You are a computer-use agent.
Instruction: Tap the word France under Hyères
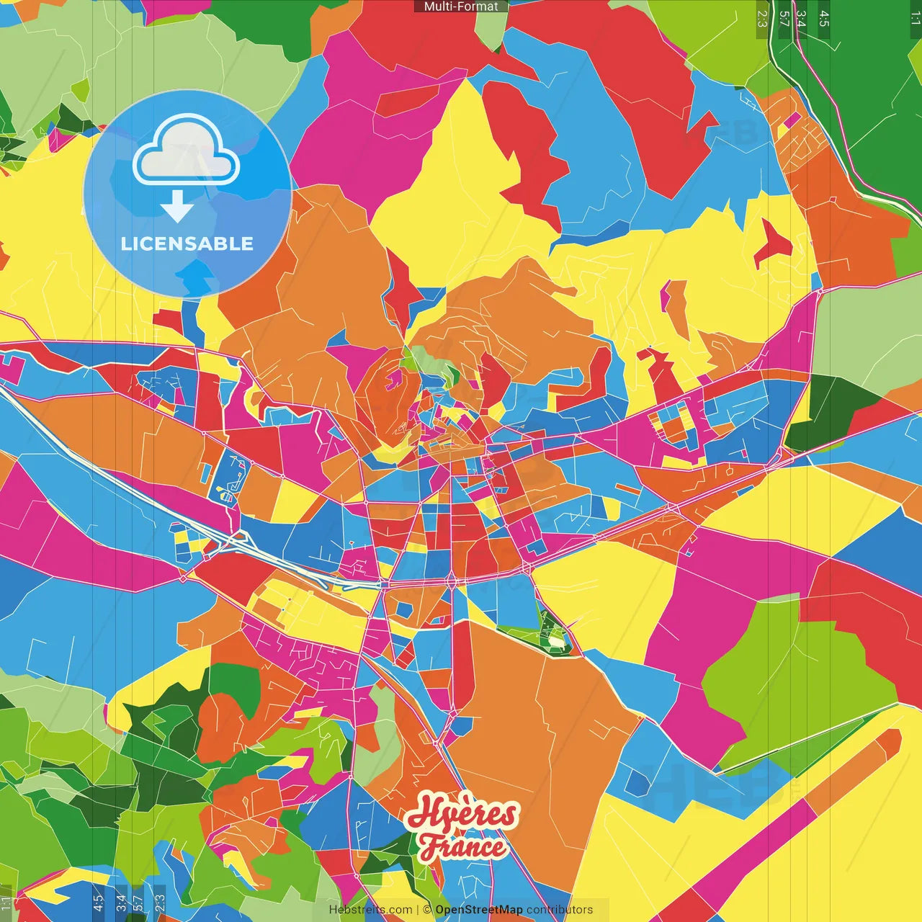[463, 847]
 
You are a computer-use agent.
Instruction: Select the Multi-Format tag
[461, 6]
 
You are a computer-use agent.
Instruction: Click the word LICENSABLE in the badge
[187, 243]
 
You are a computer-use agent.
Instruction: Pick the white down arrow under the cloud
[177, 207]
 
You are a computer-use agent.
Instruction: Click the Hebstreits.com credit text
[370, 910]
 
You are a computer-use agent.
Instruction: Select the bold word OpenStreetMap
[479, 910]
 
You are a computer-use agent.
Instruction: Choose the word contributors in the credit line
[560, 910]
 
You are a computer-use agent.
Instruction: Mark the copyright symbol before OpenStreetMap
[427, 910]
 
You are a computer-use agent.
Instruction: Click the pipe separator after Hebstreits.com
[418, 910]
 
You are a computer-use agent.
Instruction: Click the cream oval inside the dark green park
[556, 639]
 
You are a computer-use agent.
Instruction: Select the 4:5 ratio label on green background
[824, 19]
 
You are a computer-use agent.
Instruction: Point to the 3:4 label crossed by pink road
[801, 19]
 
